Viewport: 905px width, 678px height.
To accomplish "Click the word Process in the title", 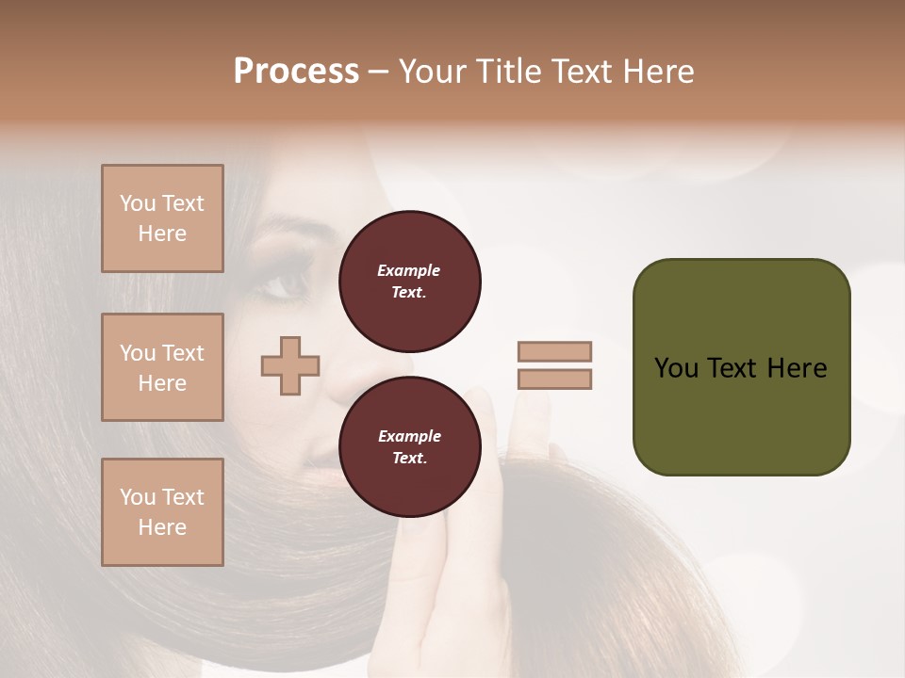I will tap(296, 72).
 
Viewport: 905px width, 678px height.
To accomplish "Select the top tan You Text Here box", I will tap(162, 218).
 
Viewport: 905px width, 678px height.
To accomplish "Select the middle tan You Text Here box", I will tap(162, 367).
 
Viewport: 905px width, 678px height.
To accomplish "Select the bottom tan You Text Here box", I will tap(162, 512).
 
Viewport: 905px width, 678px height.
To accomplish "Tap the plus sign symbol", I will tap(290, 365).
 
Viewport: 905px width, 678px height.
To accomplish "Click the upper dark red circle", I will tap(409, 282).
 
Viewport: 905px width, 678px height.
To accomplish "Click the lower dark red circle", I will tap(409, 447).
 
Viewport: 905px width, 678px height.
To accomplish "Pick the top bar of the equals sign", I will tap(554, 352).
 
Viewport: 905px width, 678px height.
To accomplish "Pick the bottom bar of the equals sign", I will tap(554, 379).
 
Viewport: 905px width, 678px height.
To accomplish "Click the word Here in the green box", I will tap(797, 368).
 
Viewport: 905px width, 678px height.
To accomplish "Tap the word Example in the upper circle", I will tap(409, 271).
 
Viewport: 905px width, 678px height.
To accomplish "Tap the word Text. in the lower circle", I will tap(409, 459).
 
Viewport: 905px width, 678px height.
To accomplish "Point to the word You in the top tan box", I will tap(137, 203).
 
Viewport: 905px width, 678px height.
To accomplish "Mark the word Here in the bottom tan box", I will tap(162, 527).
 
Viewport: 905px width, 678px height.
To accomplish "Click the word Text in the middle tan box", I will tap(182, 353).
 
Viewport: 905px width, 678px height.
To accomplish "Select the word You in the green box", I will tap(676, 368).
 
